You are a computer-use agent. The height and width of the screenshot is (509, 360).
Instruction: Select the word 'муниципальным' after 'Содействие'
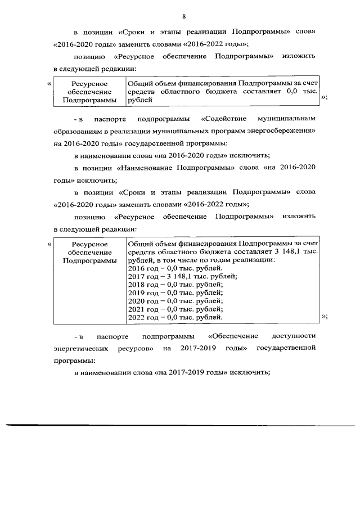tap(286, 119)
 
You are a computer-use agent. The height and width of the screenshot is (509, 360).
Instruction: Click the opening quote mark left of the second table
tap(49, 244)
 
